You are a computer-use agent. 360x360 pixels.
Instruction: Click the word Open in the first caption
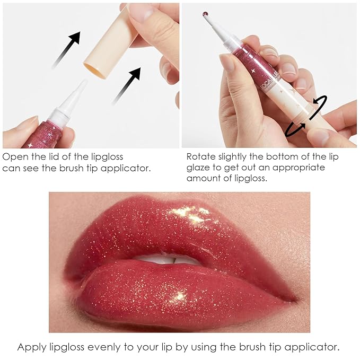(x=15, y=157)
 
